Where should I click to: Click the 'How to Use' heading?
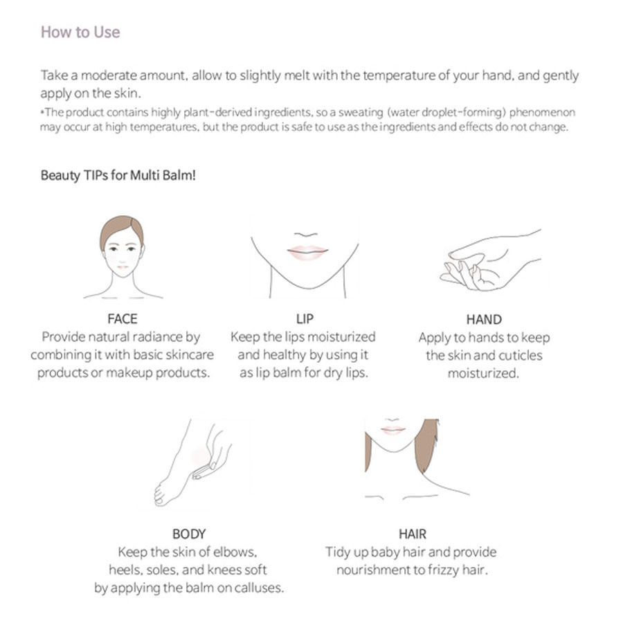point(80,32)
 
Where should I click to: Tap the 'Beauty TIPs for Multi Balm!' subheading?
point(118,175)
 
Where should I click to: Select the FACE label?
point(123,318)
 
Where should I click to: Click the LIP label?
point(305,318)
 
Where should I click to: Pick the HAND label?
point(484,319)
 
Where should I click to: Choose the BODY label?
point(189,534)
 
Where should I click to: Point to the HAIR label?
point(413,534)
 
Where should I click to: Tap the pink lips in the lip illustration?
point(307,252)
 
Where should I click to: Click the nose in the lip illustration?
point(306,235)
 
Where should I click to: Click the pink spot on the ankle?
point(200,458)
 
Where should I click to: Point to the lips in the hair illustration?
point(392,429)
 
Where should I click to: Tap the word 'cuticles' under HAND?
point(520,355)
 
